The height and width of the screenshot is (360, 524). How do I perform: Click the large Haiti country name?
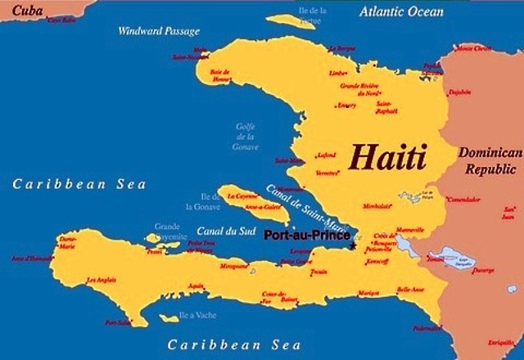pos(388,156)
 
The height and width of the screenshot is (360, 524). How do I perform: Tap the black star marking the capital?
pos(352,245)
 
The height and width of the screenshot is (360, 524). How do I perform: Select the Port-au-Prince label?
pos(306,236)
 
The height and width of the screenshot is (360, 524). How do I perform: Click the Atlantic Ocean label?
pos(401,11)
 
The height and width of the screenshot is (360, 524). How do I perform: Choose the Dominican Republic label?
pos(490,161)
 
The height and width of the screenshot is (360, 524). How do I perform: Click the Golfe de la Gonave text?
pos(245,136)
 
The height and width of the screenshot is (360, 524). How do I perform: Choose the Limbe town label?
pos(337,73)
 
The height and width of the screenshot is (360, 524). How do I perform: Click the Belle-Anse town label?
pos(410,289)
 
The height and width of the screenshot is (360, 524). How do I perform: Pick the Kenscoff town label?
pos(378,262)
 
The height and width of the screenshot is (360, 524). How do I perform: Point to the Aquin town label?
pos(196,286)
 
